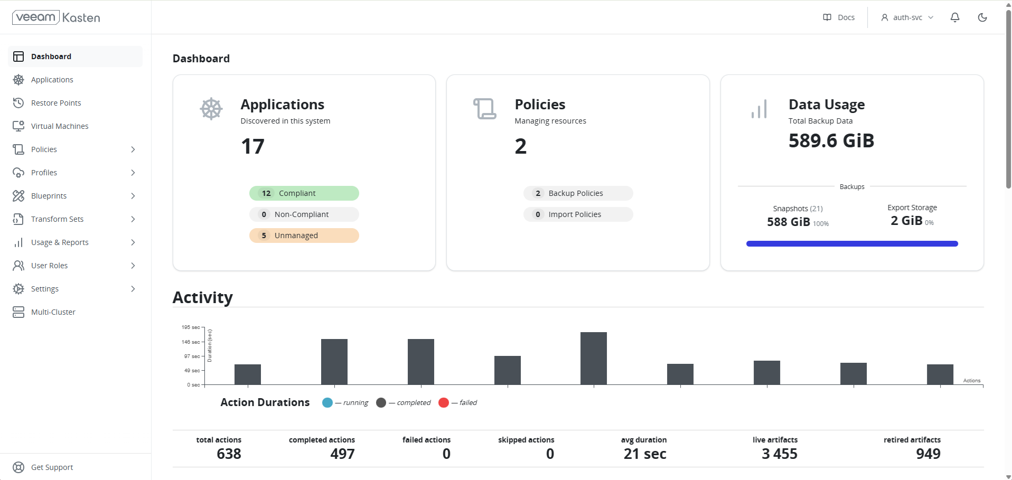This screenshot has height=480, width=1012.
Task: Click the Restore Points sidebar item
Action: (55, 103)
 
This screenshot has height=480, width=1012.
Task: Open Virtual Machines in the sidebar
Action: (59, 126)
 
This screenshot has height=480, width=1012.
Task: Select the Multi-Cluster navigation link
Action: (53, 312)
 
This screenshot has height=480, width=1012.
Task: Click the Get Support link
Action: (52, 467)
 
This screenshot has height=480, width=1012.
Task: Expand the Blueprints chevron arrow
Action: (133, 196)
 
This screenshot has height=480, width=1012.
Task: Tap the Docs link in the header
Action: (839, 17)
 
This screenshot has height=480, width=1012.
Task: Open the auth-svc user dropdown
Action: (907, 17)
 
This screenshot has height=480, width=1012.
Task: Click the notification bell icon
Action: (955, 17)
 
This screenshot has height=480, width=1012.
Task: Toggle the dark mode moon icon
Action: (982, 17)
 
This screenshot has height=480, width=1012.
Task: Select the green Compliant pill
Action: (304, 193)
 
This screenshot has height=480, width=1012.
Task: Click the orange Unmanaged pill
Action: (304, 236)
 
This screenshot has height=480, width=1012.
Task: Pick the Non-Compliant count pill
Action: (304, 214)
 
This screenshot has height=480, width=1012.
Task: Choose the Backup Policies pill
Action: (578, 193)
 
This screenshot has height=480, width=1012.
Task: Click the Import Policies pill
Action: (578, 214)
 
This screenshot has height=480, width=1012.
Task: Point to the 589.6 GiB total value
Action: (831, 141)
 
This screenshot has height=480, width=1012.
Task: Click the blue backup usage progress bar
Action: (852, 244)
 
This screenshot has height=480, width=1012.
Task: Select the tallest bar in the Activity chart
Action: (594, 358)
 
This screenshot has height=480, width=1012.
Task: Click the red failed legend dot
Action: (444, 403)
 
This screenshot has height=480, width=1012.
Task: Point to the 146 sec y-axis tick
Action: (191, 342)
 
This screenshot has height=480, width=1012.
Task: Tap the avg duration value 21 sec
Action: (644, 454)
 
